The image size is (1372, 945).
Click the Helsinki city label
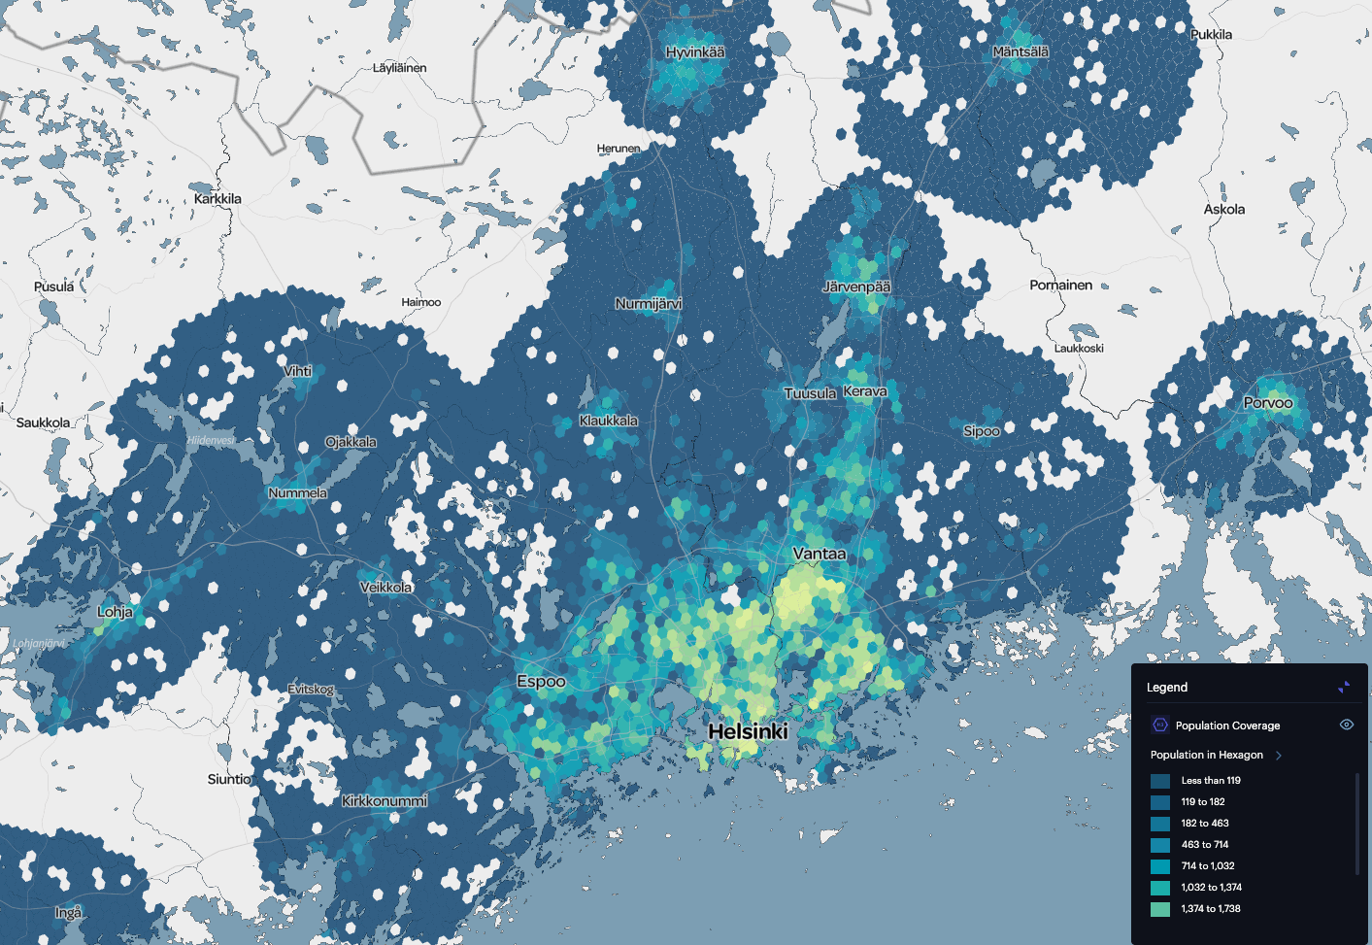[748, 731]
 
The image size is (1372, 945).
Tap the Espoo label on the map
[541, 682]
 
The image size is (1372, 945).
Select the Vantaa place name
[819, 554]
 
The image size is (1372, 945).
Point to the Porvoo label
[1268, 403]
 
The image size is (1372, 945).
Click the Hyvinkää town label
[695, 52]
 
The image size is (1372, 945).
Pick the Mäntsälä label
[1021, 51]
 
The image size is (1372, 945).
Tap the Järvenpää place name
[856, 287]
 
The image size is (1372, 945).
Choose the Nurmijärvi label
[649, 304]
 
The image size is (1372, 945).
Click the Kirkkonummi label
[385, 801]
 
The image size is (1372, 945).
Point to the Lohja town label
[115, 612]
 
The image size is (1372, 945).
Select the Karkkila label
[218, 199]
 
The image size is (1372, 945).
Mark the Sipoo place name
[982, 431]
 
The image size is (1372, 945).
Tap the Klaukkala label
[609, 421]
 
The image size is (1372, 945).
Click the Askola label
[1223, 209]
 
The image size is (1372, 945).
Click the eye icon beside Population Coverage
[1346, 725]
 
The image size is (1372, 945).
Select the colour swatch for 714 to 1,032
[1160, 866]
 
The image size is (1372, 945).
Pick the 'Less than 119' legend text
[1211, 781]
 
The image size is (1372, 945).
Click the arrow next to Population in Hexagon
[1279, 755]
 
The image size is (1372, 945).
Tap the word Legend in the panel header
[1167, 688]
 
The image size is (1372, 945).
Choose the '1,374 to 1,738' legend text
[1211, 909]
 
